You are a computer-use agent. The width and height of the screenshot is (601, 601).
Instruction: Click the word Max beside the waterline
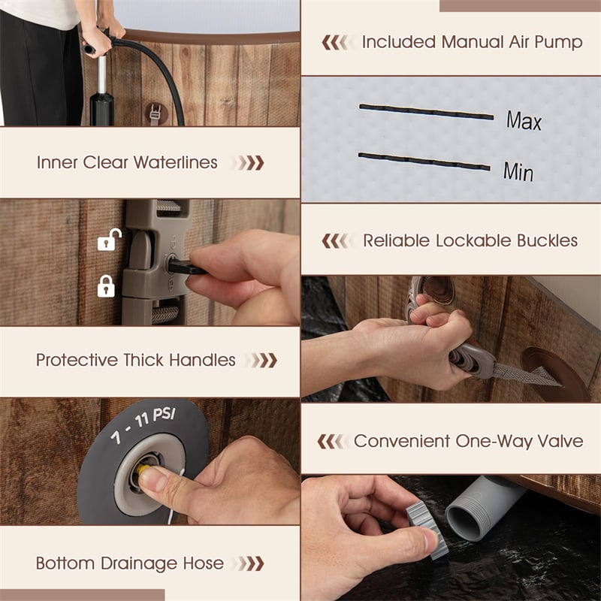click(x=524, y=120)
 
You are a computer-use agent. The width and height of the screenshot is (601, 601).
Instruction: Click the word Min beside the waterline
click(x=518, y=171)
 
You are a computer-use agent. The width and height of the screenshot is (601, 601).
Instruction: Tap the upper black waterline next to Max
click(x=426, y=111)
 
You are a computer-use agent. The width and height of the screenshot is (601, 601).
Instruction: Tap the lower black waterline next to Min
click(x=424, y=161)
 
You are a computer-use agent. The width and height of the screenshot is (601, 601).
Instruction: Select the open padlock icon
click(x=109, y=240)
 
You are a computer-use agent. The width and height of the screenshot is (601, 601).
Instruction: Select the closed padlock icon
click(x=106, y=286)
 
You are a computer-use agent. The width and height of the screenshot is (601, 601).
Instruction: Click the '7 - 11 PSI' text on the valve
click(x=143, y=424)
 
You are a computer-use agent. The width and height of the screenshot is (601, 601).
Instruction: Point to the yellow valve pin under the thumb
click(x=142, y=469)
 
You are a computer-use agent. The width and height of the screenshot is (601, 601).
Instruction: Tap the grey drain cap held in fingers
click(x=427, y=528)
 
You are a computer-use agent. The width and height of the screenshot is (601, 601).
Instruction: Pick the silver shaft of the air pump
click(x=101, y=75)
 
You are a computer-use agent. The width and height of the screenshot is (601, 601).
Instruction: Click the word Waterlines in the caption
click(x=175, y=162)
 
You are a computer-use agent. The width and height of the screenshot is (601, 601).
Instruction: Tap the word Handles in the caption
click(x=202, y=360)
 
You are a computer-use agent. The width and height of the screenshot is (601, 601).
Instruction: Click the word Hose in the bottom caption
click(x=203, y=563)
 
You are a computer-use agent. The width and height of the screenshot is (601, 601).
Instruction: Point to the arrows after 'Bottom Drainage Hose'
click(x=249, y=563)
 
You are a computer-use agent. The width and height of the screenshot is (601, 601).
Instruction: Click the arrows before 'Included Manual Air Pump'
click(x=334, y=43)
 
